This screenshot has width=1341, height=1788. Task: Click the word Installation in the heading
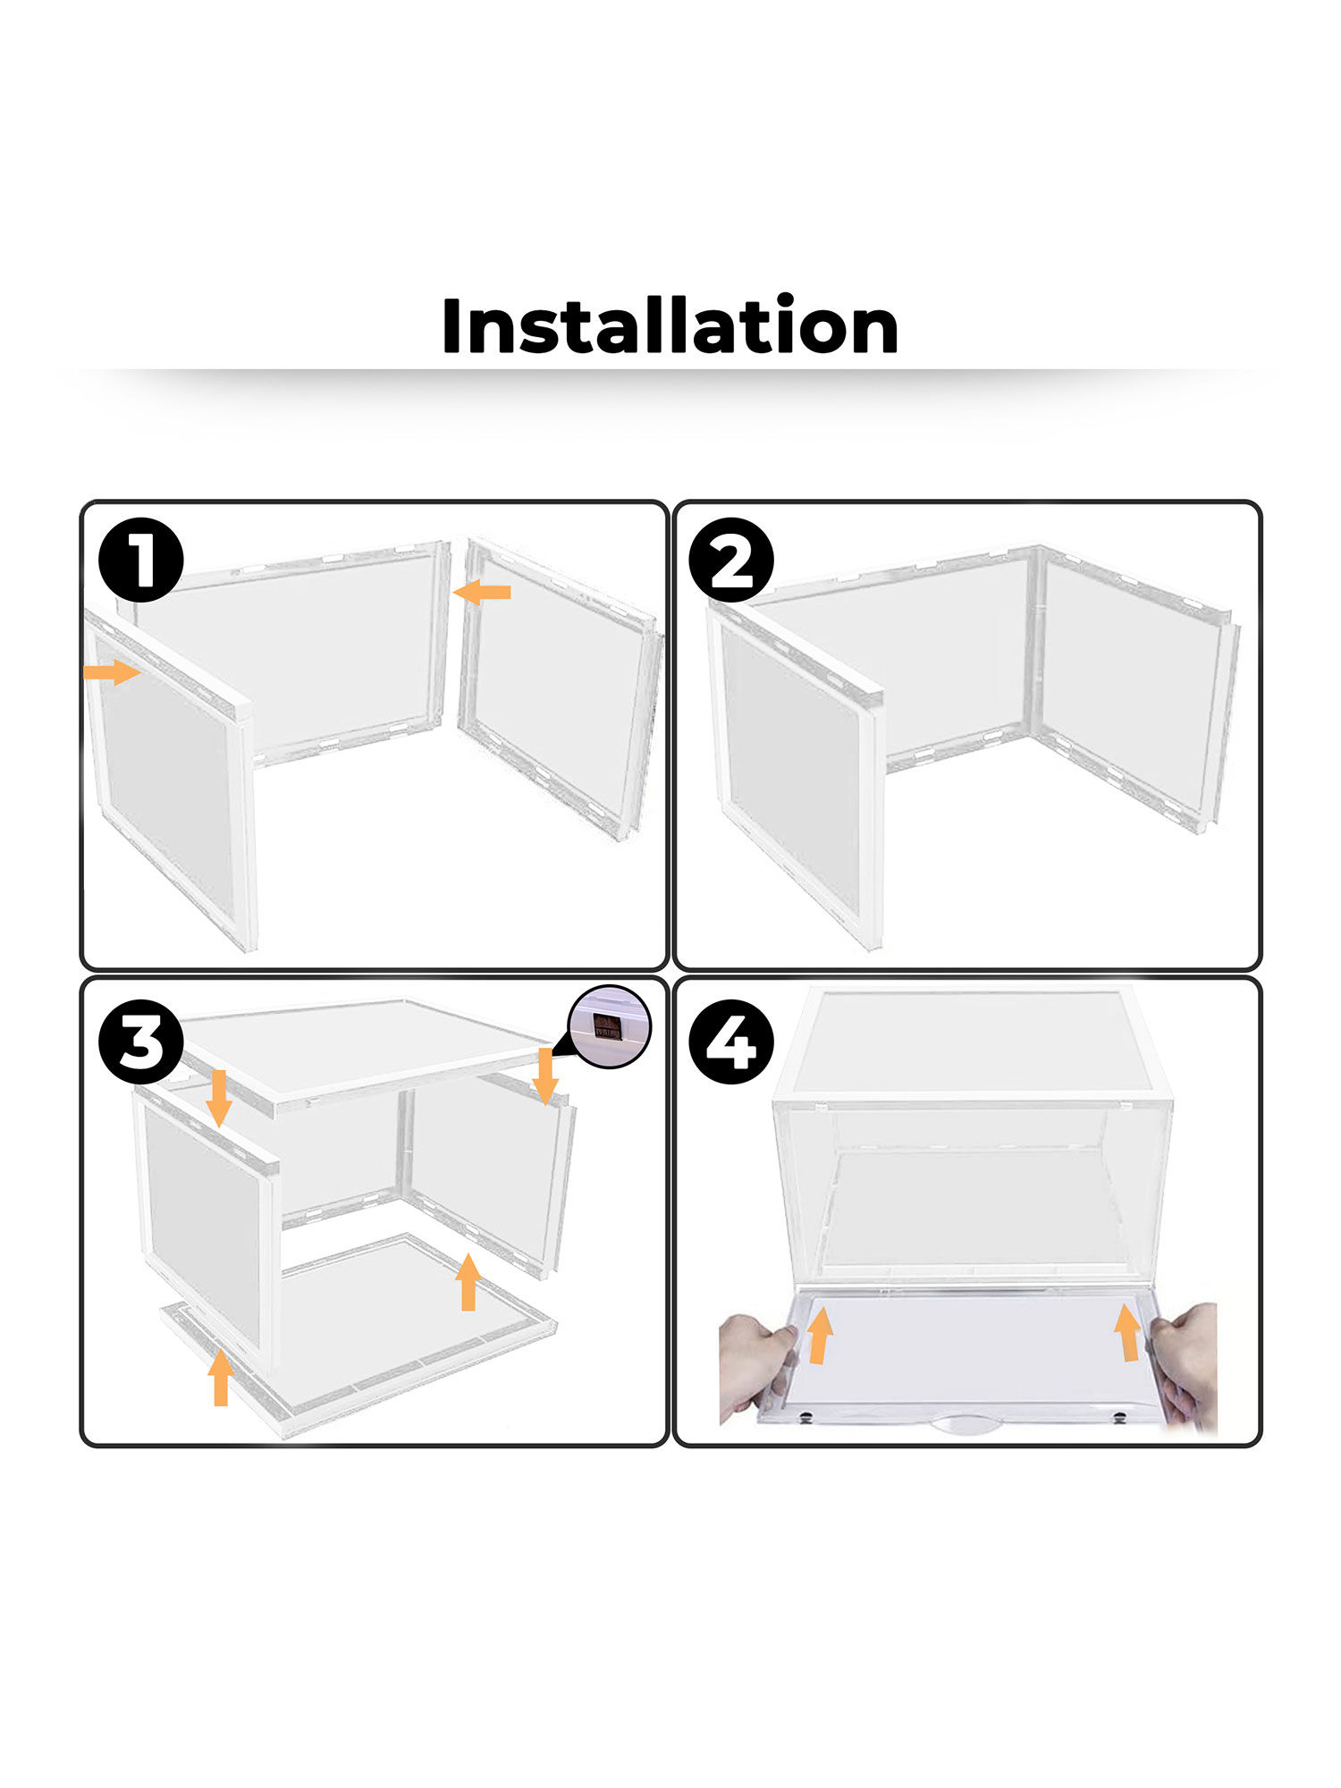click(x=670, y=326)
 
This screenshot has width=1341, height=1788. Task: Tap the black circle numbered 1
click(x=141, y=560)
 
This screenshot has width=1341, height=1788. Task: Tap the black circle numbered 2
click(x=731, y=560)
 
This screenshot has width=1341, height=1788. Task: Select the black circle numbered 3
click(x=141, y=1042)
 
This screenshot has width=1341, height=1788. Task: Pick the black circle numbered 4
click(x=731, y=1042)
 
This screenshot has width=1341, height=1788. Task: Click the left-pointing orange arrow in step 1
click(x=483, y=591)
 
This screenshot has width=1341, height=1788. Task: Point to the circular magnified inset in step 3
click(x=611, y=1027)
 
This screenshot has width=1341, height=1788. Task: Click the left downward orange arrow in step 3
click(x=219, y=1098)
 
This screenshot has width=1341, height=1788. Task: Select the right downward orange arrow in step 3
click(x=545, y=1076)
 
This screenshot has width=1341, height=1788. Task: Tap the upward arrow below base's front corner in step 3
click(x=221, y=1378)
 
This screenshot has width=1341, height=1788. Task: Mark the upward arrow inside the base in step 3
click(x=468, y=1282)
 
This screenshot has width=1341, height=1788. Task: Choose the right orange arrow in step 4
click(x=1128, y=1332)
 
